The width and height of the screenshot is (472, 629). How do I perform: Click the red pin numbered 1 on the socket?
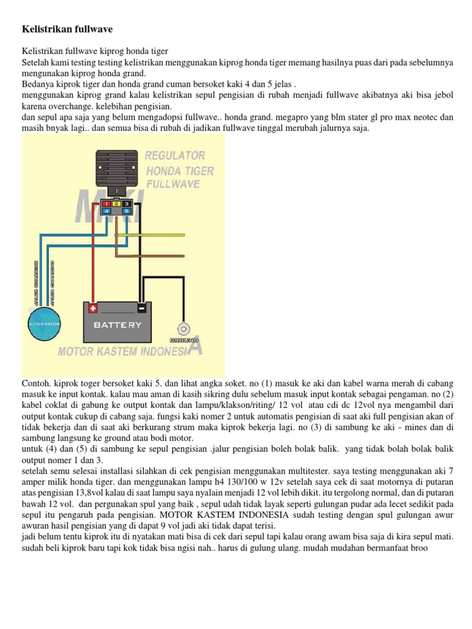point(106,203)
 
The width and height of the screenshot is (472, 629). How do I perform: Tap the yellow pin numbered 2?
point(116,203)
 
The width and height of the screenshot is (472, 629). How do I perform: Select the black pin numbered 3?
point(127,203)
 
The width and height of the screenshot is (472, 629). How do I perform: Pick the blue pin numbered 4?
point(106,211)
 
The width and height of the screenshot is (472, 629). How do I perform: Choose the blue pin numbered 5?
point(127,211)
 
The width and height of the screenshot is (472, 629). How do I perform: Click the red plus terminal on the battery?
point(93,308)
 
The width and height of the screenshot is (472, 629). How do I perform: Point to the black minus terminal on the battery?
point(142,308)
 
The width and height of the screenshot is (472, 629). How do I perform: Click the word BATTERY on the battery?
point(117,324)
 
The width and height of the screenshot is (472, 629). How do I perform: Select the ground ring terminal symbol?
point(183,327)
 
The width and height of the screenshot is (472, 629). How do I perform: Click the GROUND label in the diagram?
point(184,340)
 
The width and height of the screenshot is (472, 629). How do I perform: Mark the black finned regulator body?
point(116,166)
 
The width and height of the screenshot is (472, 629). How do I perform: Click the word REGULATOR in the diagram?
point(175,156)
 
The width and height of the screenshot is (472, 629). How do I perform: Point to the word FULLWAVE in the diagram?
point(173,184)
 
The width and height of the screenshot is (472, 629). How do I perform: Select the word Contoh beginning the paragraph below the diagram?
point(36,383)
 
